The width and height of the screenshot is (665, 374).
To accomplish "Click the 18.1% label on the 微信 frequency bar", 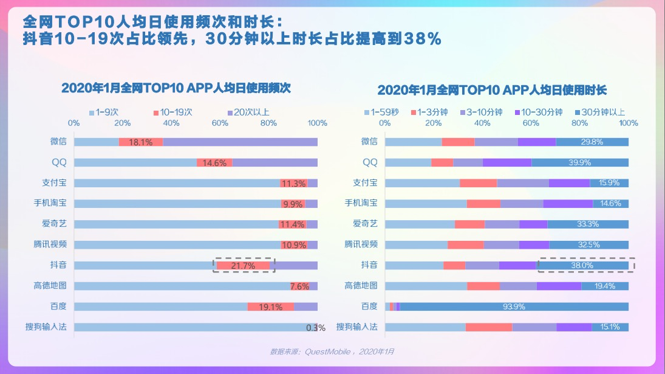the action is pyautogui.click(x=140, y=142).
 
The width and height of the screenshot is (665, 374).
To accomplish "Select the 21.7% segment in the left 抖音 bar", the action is pyautogui.click(x=243, y=266).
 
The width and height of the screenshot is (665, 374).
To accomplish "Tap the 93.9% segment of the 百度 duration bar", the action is pyautogui.click(x=514, y=306).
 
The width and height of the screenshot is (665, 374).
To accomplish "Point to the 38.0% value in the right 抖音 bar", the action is pyautogui.click(x=582, y=265).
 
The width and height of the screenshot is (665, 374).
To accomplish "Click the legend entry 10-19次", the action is pyautogui.click(x=173, y=113).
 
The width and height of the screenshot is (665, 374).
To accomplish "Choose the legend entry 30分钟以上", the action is pyautogui.click(x=600, y=113).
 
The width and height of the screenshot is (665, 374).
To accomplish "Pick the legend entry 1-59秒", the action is pyautogui.click(x=382, y=113).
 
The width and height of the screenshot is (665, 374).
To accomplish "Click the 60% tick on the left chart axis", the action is pyautogui.click(x=220, y=123).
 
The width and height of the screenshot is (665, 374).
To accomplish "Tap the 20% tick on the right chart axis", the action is pyautogui.click(x=433, y=123).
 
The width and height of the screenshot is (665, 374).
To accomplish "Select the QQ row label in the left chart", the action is pyautogui.click(x=60, y=162).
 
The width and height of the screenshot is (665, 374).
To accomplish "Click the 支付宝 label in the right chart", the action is pyautogui.click(x=365, y=182).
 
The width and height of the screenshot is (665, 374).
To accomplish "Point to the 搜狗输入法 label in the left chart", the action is pyautogui.click(x=46, y=327).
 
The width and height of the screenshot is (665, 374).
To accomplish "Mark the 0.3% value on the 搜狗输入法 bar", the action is pyautogui.click(x=316, y=328).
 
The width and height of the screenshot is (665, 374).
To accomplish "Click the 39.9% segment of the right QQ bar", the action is pyautogui.click(x=580, y=162).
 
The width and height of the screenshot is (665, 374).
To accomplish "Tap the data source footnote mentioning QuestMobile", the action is pyautogui.click(x=332, y=351).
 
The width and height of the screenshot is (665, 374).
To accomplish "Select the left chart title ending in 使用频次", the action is pyautogui.click(x=176, y=88).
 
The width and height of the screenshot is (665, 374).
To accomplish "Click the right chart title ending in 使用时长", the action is pyautogui.click(x=492, y=90).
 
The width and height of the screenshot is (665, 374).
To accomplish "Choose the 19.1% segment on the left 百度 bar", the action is pyautogui.click(x=271, y=306).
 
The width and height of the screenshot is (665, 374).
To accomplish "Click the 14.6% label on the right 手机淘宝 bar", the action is pyautogui.click(x=610, y=204).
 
